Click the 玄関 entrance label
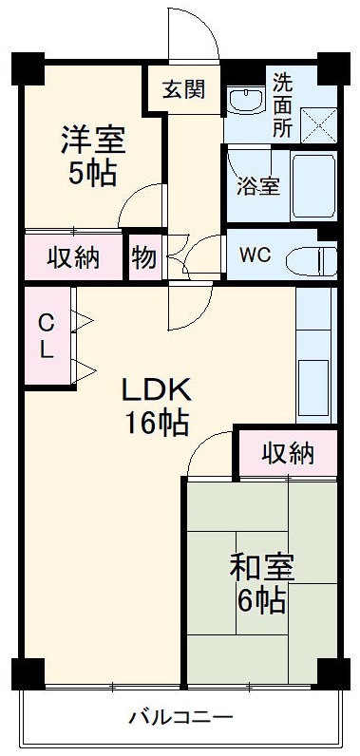[183, 90]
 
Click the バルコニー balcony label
[180, 717]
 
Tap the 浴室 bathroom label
[257, 185]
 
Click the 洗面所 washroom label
[283, 105]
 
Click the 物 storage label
[144, 258]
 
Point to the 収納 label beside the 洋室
[74, 258]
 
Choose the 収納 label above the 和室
[287, 455]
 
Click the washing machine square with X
[318, 123]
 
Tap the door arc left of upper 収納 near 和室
[209, 454]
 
